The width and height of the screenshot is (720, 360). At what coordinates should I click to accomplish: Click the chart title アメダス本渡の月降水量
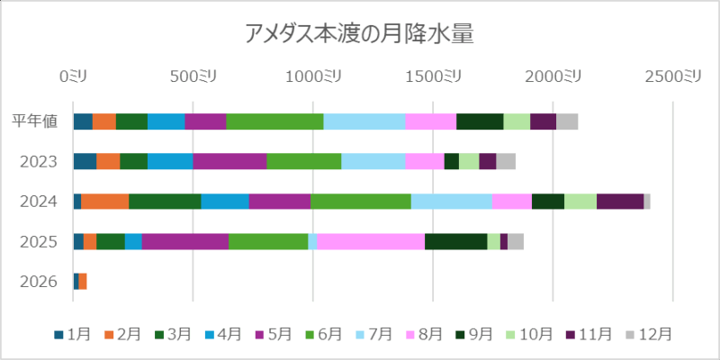pos(360,34)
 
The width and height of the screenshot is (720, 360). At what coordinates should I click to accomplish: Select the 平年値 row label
pos(36,121)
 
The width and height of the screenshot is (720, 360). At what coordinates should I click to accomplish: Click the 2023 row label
pos(40,162)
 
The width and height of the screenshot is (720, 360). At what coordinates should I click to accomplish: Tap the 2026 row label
pos(40,282)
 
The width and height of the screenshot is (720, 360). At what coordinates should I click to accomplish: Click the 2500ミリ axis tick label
pos(672,76)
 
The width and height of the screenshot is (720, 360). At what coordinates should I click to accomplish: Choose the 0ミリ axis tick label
pos(74,76)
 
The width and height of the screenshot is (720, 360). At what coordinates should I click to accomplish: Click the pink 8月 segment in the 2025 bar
pos(370,241)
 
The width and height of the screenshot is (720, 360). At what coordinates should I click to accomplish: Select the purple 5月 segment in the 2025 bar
pos(184,241)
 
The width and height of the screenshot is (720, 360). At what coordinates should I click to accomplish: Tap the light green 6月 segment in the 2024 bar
pos(360,202)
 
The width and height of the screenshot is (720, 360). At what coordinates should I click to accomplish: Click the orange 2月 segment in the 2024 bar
pos(104,202)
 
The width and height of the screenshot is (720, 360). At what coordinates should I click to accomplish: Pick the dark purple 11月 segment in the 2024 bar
pos(620,202)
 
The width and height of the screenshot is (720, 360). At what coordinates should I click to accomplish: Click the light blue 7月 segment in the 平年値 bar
pos(364,121)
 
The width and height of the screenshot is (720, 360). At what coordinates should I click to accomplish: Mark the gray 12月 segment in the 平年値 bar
pos(567,121)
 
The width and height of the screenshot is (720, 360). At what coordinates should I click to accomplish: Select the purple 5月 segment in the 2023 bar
pos(229,161)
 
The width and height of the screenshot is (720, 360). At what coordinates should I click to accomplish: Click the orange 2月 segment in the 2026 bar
pos(83,282)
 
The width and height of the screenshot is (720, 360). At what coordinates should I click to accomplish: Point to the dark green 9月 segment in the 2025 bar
pos(455,241)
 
